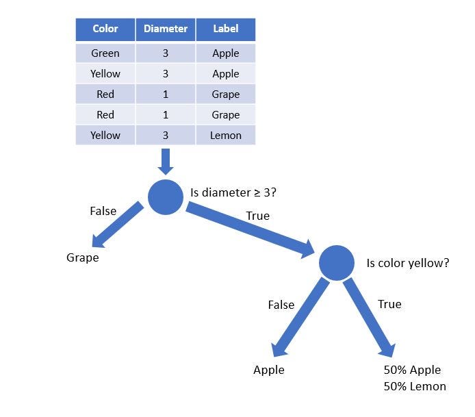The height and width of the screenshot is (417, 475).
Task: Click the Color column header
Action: pos(105,29)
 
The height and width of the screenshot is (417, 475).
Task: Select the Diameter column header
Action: pos(166,29)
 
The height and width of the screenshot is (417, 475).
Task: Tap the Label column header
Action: pos(226,29)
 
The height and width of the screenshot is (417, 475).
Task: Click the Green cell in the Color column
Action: pos(105,53)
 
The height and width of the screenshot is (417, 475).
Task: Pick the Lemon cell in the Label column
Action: pos(226,136)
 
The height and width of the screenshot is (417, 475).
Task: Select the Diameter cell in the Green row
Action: pos(166,53)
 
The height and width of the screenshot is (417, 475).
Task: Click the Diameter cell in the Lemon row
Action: pos(166,136)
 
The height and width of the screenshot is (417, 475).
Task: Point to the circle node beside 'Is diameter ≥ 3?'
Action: pos(166,197)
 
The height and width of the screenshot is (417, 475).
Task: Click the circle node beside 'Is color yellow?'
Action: pos(337,262)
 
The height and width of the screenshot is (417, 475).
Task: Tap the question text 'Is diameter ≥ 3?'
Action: pos(233,193)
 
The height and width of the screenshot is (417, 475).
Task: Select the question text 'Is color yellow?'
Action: pos(408,262)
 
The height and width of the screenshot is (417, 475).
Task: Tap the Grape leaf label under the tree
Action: pos(83,258)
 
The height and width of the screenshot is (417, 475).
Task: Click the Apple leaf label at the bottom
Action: pos(269,370)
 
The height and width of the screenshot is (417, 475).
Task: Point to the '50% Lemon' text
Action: pos(415,386)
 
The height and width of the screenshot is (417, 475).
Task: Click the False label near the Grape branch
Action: pos(103,211)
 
